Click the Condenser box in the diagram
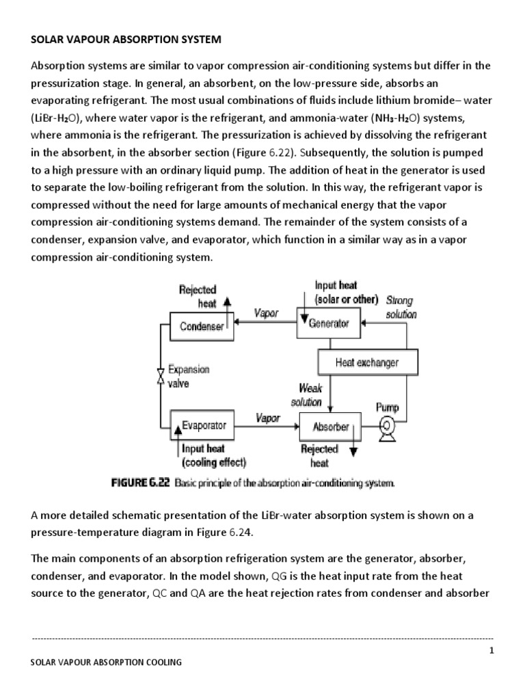click(x=202, y=327)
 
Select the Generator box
click(x=329, y=323)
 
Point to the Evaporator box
click(x=203, y=425)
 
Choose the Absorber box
click(x=330, y=427)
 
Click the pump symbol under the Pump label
click(x=388, y=426)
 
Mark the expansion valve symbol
click(x=160, y=377)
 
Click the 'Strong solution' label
click(x=401, y=308)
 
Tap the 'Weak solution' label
click(x=308, y=395)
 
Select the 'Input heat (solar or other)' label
click(x=345, y=293)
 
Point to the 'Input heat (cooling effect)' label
click(x=213, y=455)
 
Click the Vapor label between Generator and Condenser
click(x=266, y=313)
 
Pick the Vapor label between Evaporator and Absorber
click(x=267, y=418)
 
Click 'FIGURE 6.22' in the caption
click(x=141, y=483)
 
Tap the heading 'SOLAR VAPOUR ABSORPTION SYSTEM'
click(x=126, y=40)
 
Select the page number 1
click(x=491, y=649)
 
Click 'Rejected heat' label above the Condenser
click(x=198, y=297)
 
